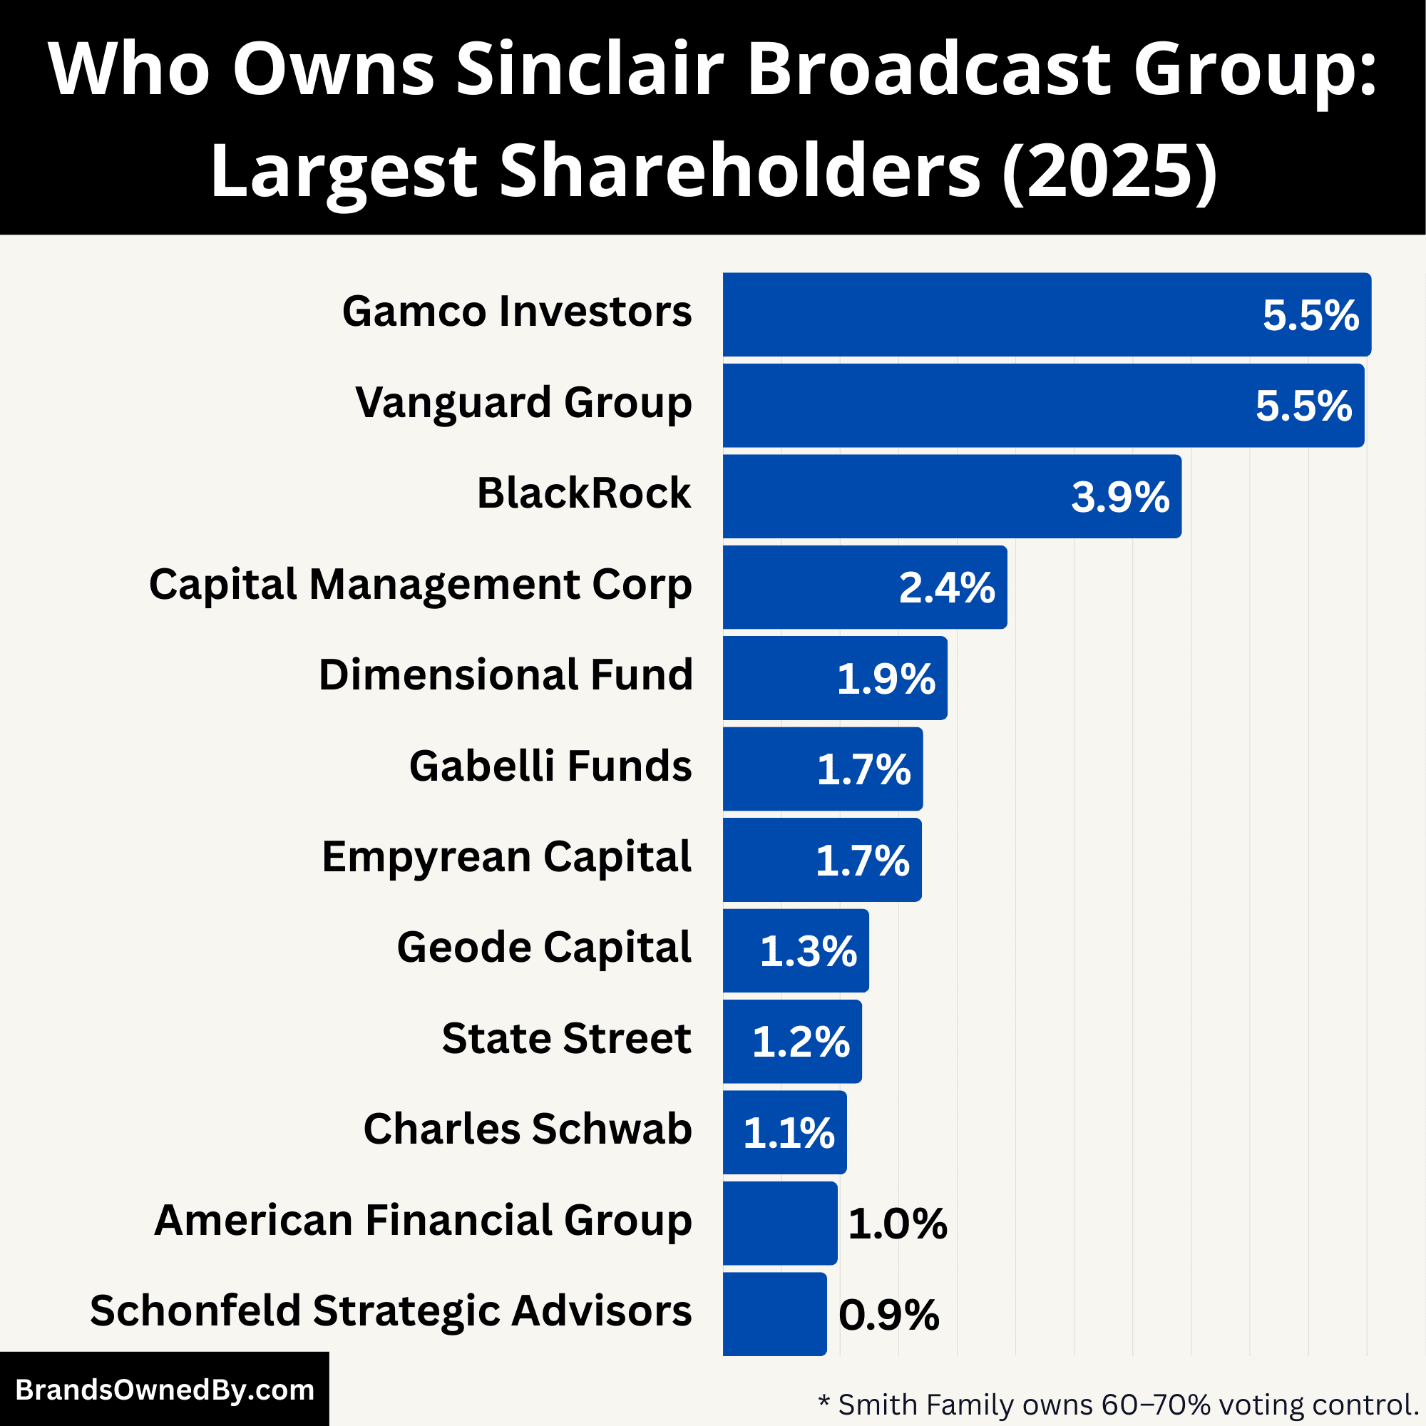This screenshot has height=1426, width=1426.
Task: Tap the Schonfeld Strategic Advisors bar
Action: [x=774, y=1315]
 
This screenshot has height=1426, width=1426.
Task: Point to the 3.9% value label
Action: [x=1119, y=497]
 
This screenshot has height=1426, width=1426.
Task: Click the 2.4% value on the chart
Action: [x=946, y=588]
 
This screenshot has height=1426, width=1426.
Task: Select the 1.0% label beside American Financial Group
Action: [x=897, y=1224]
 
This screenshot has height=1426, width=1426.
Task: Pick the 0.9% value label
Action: [x=888, y=1315]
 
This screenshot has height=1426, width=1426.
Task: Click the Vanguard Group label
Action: [x=523, y=403]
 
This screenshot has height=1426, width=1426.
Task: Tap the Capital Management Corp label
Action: [x=421, y=585]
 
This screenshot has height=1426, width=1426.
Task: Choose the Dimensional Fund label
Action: [x=506, y=675]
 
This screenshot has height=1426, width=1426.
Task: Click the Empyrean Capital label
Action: [x=506, y=858]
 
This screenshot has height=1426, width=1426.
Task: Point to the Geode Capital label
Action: [x=544, y=948]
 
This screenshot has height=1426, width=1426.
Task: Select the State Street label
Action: [x=566, y=1039]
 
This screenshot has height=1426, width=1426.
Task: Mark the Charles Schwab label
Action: [x=527, y=1129]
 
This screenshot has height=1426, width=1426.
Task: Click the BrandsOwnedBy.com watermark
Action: [x=165, y=1390]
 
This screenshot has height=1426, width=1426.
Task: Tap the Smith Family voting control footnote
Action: [x=1119, y=1404]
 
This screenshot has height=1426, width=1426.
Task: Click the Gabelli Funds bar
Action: [x=822, y=769]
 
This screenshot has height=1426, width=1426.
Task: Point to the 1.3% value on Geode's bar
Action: [x=808, y=951]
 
